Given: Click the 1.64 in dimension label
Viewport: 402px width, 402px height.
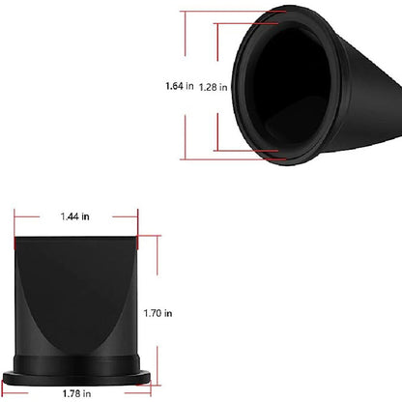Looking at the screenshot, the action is pos(180,86).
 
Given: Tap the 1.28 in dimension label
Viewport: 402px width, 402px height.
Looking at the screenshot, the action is pos(213,87).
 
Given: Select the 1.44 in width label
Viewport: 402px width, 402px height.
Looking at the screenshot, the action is pos(75,216).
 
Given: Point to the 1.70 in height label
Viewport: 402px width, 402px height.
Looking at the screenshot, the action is pos(158,313).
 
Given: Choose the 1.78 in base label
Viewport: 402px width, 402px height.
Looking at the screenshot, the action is pos(76,393).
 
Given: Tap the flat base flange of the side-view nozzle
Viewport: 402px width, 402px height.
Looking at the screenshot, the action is pos(76,378).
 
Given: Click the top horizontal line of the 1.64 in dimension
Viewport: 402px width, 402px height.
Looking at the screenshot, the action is pos(233,12).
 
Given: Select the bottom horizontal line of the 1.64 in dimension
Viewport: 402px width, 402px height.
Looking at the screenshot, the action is pos(233,159).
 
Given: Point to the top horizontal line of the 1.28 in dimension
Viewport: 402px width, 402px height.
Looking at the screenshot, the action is pos(245,23).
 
